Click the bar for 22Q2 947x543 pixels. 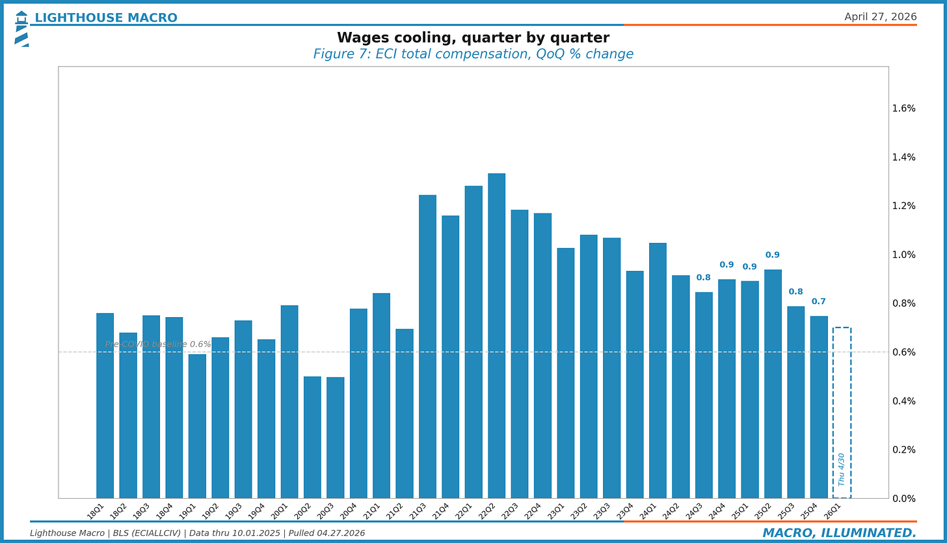pos(496,335)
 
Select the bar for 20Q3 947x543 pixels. pos(335,438)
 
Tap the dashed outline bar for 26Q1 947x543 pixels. pos(842,391)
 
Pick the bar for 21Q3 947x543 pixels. pos(427,346)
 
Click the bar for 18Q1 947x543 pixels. pos(105,406)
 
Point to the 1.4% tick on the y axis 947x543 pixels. pos(903,157)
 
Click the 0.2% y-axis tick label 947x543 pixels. pos(903,450)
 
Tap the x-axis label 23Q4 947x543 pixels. pos(626,511)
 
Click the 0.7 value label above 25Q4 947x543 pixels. pos(818,301)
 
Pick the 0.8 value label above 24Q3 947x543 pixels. pos(703,277)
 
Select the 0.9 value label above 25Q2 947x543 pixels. pos(772,255)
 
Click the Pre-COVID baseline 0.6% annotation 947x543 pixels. pos(158,344)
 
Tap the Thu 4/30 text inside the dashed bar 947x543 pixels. pos(842,469)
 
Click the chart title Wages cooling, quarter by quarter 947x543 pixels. pos(473,38)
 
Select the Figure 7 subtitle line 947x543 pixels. pos(473,54)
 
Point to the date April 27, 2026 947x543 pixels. pos(880,17)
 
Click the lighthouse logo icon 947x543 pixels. pos(21,29)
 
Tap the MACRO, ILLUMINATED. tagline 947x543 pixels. pos(839,533)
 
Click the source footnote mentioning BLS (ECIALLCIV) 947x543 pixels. pos(197,533)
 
